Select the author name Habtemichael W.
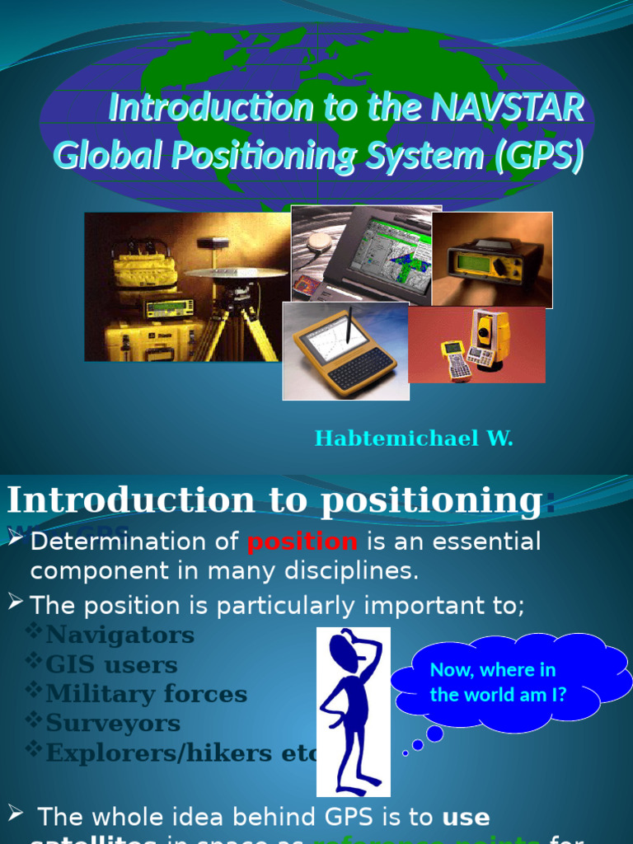(x=414, y=438)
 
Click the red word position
(x=302, y=542)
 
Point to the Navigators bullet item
(x=120, y=635)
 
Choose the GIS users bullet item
(x=111, y=664)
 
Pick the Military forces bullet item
(x=146, y=694)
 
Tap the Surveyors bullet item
(x=113, y=724)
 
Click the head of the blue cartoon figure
(x=345, y=652)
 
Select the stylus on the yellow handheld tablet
(x=349, y=326)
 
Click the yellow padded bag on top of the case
(x=145, y=271)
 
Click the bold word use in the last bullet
(x=466, y=818)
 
